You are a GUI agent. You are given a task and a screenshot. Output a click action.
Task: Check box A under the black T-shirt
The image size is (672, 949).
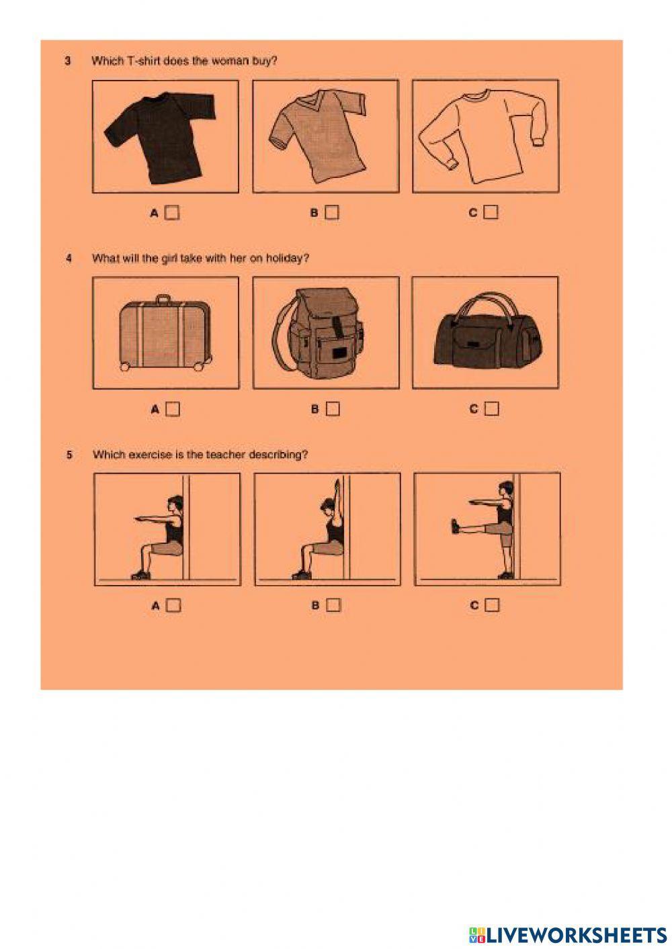click(173, 213)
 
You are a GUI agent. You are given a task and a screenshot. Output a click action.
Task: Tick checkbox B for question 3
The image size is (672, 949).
click(332, 213)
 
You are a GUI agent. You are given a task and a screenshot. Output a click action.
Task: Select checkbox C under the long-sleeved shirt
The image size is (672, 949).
click(491, 212)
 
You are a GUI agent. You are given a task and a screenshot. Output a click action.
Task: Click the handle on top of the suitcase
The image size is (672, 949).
click(164, 299)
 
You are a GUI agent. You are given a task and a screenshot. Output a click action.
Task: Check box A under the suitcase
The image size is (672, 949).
click(173, 409)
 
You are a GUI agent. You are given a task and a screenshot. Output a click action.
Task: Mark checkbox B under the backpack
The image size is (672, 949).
click(332, 409)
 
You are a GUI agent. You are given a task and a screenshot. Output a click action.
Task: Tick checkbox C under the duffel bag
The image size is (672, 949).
click(491, 408)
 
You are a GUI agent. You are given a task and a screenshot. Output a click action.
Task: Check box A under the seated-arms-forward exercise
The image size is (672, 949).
click(173, 605)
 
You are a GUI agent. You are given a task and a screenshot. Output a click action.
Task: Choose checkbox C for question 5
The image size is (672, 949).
click(492, 605)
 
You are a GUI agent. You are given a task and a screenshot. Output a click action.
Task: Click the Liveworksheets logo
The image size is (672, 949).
click(568, 935)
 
